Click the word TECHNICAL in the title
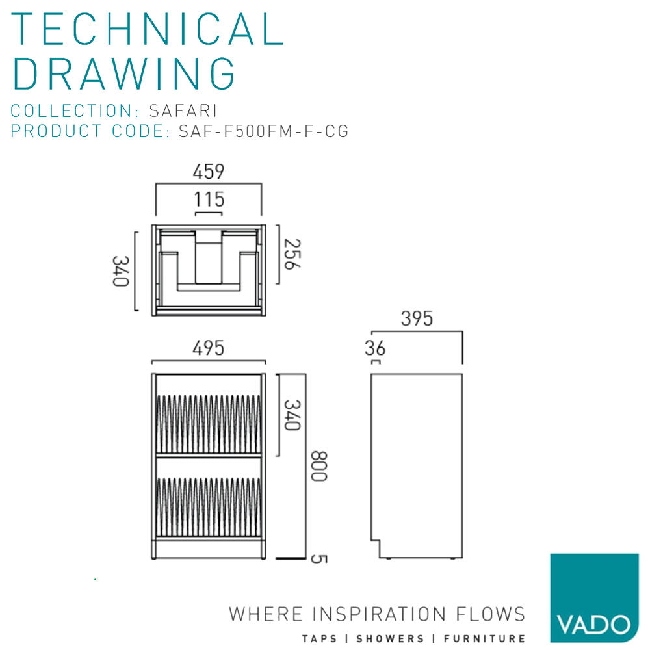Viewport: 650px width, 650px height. click(x=148, y=29)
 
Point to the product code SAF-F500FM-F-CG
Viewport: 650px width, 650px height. click(x=263, y=131)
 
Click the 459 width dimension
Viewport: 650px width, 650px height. click(x=208, y=172)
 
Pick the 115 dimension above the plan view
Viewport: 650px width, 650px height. click(x=209, y=199)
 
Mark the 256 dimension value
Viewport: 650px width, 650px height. click(x=291, y=254)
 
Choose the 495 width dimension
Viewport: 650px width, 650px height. click(x=208, y=348)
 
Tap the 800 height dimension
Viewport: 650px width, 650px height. click(x=317, y=466)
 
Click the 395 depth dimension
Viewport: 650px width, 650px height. click(x=416, y=319)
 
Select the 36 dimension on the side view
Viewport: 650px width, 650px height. click(x=375, y=349)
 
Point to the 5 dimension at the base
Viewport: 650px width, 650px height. click(x=317, y=558)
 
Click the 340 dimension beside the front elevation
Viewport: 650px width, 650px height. click(x=290, y=415)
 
